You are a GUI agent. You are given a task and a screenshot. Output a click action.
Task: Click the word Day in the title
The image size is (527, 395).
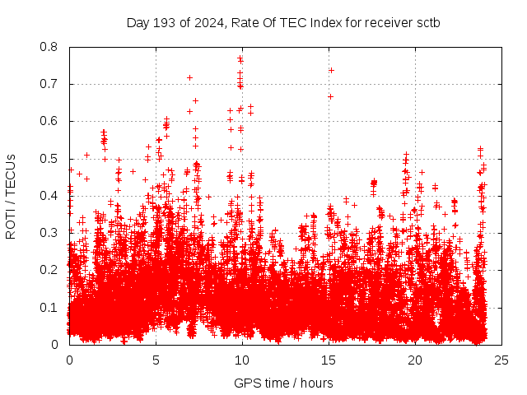[137, 22]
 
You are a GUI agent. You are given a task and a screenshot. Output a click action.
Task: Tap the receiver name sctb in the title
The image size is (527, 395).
[425, 22]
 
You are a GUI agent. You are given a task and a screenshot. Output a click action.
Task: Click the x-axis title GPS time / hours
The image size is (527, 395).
[283, 383]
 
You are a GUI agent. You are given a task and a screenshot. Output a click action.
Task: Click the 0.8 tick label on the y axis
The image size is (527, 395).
[50, 47]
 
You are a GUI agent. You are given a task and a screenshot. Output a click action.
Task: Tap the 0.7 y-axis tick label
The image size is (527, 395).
[50, 84]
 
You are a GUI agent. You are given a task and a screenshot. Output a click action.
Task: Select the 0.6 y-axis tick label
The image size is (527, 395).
[50, 121]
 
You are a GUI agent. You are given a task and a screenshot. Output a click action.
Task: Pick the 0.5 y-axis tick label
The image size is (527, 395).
[50, 159]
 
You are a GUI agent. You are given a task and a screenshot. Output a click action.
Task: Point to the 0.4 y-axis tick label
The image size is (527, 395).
[50, 196]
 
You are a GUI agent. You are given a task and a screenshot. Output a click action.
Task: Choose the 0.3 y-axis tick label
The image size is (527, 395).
[50, 233]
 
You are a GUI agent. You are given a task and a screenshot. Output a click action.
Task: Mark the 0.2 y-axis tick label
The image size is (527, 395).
[50, 270]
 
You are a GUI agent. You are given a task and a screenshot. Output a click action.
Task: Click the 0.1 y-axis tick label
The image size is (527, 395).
[50, 308]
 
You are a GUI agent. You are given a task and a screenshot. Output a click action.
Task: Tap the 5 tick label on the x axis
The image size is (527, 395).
[156, 360]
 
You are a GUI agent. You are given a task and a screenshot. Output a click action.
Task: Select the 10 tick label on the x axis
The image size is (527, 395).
[242, 360]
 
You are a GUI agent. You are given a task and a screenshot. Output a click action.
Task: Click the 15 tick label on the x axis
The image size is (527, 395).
[329, 360]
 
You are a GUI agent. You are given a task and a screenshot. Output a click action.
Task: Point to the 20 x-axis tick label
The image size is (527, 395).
[415, 360]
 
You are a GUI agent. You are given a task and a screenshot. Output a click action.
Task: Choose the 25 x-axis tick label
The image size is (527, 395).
[501, 360]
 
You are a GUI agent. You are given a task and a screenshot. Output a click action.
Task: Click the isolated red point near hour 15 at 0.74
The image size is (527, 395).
[331, 70]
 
